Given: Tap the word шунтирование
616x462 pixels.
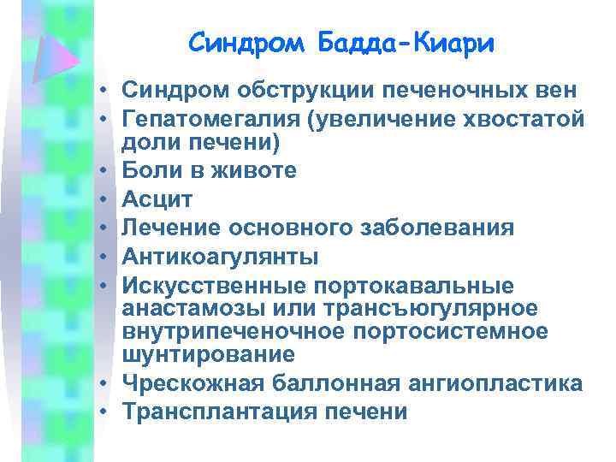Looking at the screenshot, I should [x=209, y=353].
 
